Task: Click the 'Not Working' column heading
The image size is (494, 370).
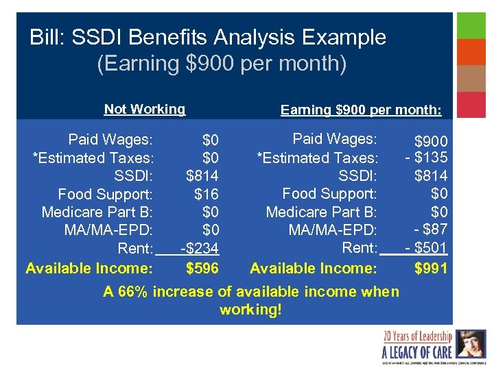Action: pos(144,109)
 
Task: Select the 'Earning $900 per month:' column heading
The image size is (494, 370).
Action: pos(361,110)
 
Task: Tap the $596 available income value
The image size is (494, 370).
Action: pos(202,268)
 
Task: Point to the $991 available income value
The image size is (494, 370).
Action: pos(431,268)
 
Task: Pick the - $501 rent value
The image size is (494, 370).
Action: pos(426,247)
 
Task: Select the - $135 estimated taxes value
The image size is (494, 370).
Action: pos(426,158)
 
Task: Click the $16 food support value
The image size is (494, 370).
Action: pos(207,194)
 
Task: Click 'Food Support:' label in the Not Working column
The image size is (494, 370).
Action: pos(105,194)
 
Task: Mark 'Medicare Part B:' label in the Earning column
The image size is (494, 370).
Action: pos(321,212)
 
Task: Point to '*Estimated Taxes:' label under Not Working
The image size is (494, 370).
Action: pos(93,158)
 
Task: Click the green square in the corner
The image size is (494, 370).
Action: pos(471,25)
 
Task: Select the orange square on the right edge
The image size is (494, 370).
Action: pos(471,52)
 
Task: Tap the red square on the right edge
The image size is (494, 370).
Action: pos(471,105)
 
